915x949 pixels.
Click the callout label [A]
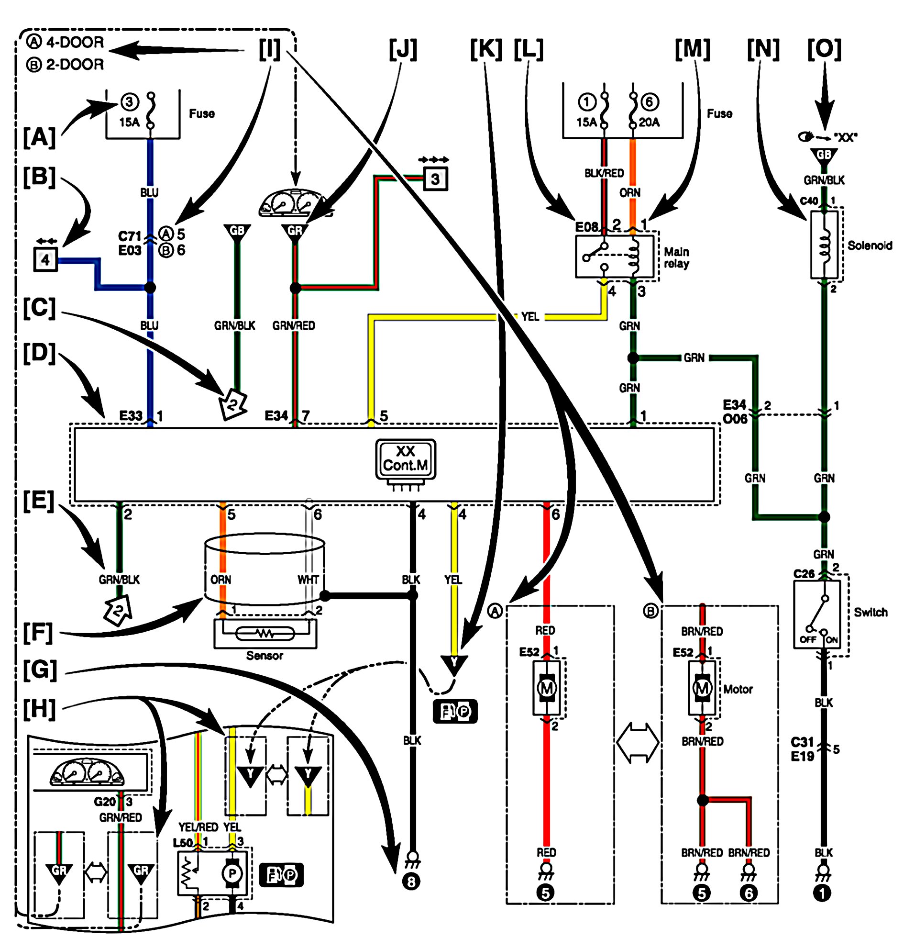pyautogui.click(x=39, y=137)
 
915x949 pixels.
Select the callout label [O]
pyautogui.click(x=824, y=49)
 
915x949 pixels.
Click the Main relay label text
pyautogui.click(x=676, y=257)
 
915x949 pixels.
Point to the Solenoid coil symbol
pyautogui.click(x=824, y=244)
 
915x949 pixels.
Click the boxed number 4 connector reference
pyautogui.click(x=45, y=259)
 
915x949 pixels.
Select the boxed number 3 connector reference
pyautogui.click(x=435, y=179)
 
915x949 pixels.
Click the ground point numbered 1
pyautogui.click(x=823, y=893)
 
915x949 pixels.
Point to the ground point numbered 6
pyautogui.click(x=749, y=893)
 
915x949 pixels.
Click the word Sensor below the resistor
pyautogui.click(x=264, y=656)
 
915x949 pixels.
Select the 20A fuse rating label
pyautogui.click(x=649, y=122)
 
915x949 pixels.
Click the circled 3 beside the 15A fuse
pyautogui.click(x=129, y=101)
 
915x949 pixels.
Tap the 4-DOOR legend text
pyautogui.click(x=75, y=43)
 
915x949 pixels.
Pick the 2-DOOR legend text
pyautogui.click(x=75, y=65)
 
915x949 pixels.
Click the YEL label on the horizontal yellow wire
pyautogui.click(x=530, y=317)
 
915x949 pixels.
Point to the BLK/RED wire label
pyautogui.click(x=604, y=173)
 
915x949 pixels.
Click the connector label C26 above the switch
pyautogui.click(x=804, y=574)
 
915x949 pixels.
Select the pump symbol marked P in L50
pyautogui.click(x=232, y=873)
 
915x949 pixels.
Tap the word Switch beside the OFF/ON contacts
pyautogui.click(x=870, y=612)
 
